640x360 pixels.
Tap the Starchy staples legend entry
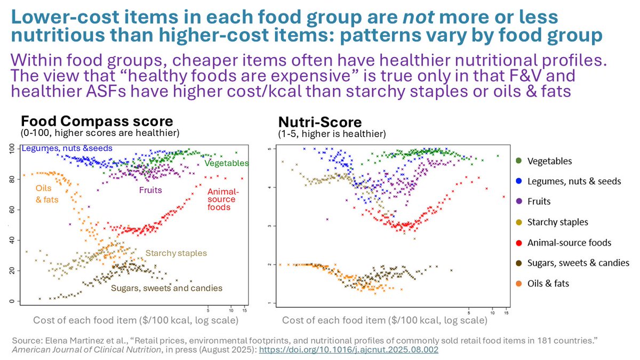coord(557,222)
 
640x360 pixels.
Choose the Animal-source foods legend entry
coord(569,243)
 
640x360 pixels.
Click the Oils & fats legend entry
coord(548,283)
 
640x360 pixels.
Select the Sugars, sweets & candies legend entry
coord(578,263)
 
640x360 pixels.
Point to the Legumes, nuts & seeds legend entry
coord(574,181)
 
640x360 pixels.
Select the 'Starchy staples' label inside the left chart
coord(176,253)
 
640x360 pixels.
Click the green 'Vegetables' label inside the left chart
coord(227,163)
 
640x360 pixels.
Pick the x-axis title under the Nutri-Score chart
coord(385,321)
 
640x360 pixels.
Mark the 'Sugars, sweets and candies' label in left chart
coord(166,288)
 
